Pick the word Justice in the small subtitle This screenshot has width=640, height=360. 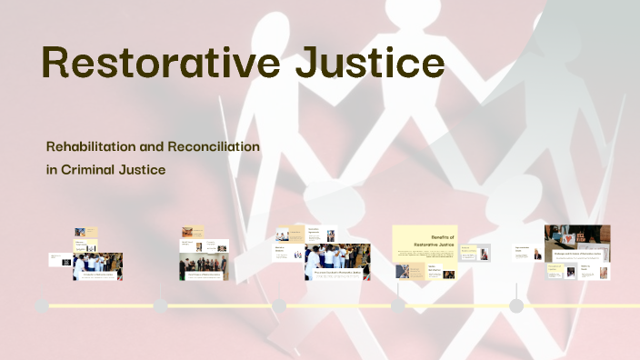[146, 168]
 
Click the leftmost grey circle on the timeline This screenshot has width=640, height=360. [42, 306]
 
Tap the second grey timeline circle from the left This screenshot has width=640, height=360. [161, 306]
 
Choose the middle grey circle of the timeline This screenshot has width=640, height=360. [279, 306]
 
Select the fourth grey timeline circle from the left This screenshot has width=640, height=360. [398, 306]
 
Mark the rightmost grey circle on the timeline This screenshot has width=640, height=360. [516, 306]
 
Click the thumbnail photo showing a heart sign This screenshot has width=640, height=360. [577, 243]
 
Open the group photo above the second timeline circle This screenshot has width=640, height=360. [205, 266]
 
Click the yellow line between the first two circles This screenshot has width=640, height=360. [101, 306]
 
